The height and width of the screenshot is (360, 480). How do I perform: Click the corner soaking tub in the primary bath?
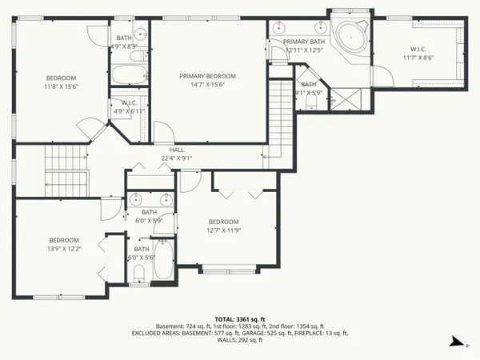tap(350, 36)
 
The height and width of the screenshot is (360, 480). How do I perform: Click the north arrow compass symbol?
tap(455, 342)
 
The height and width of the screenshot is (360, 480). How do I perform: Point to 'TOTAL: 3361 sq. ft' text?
tap(239, 318)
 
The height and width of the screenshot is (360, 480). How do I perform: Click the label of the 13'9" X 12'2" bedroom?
tap(64, 240)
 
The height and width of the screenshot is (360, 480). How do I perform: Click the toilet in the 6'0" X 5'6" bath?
tap(138, 274)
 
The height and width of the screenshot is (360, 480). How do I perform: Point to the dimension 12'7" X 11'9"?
tap(223, 230)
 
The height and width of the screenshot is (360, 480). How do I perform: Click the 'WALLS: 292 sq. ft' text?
tap(239, 340)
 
